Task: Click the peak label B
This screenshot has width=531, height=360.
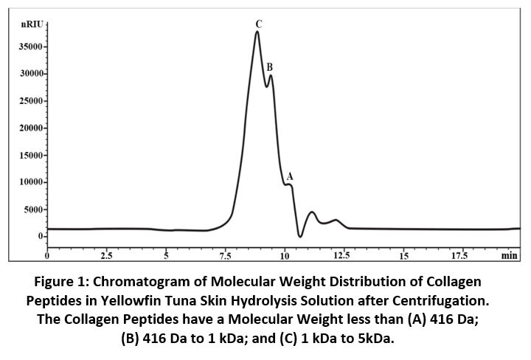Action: click(270, 67)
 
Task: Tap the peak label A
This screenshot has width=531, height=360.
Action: click(290, 177)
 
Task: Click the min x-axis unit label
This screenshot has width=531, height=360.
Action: click(509, 256)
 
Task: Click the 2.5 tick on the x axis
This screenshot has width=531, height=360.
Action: click(107, 256)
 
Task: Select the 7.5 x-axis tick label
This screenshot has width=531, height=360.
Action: click(226, 256)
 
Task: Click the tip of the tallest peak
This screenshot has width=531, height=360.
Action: click(257, 32)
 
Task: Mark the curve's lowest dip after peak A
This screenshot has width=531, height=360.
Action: click(300, 236)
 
